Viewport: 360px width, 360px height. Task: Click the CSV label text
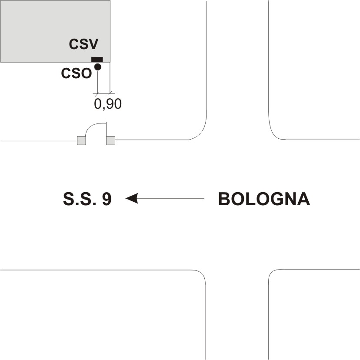click(84, 44)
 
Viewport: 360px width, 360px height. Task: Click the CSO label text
click(77, 73)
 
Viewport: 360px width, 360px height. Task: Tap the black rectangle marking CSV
click(97, 60)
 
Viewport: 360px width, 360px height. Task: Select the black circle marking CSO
click(97, 67)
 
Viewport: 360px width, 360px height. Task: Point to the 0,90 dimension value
click(108, 103)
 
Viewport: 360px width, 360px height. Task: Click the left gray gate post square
click(81, 140)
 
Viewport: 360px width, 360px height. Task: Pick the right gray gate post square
click(110, 140)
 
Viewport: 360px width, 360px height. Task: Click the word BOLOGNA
click(263, 199)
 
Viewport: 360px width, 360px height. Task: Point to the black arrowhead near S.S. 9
click(132, 199)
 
